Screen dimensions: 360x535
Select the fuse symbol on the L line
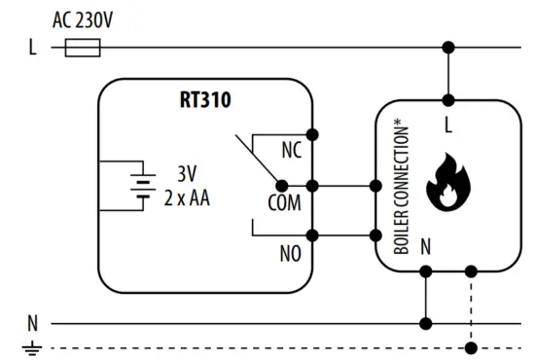pyautogui.click(x=84, y=47)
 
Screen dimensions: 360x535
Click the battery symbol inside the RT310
pyautogui.click(x=143, y=185)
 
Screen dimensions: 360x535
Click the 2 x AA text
pyautogui.click(x=187, y=198)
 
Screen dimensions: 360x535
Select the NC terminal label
pyautogui.click(x=290, y=151)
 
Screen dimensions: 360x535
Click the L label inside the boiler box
pyautogui.click(x=448, y=126)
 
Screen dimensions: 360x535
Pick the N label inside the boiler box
pyautogui.click(x=425, y=247)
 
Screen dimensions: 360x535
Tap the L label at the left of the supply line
pyautogui.click(x=32, y=47)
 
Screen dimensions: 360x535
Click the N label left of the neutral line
pyautogui.click(x=32, y=323)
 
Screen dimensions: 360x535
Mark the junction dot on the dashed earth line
pyautogui.click(x=472, y=347)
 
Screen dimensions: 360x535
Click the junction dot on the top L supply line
pyautogui.click(x=448, y=47)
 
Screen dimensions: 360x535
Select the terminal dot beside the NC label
pyautogui.click(x=312, y=133)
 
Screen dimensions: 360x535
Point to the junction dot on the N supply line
pyautogui.click(x=425, y=323)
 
